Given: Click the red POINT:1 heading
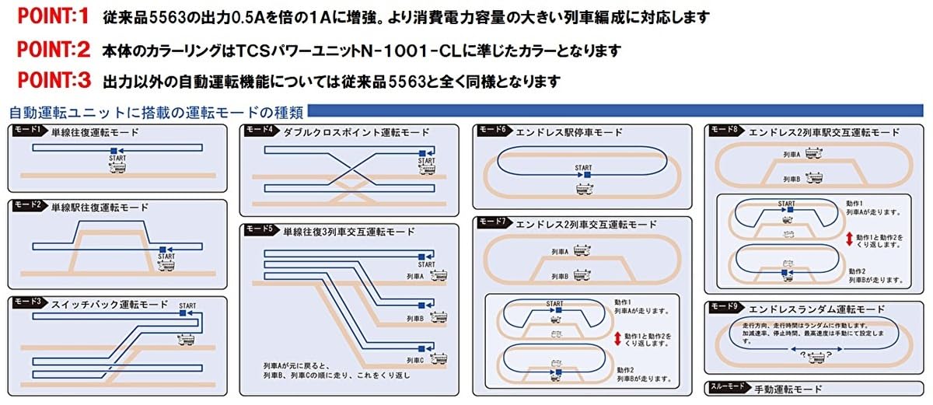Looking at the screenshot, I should click(x=54, y=16).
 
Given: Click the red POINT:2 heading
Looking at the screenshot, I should click(x=54, y=51).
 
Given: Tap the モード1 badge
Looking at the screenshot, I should click(x=27, y=131).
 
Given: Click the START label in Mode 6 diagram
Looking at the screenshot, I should click(x=583, y=167).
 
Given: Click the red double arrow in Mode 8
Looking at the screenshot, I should click(x=849, y=239).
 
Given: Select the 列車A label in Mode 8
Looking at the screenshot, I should click(x=791, y=155).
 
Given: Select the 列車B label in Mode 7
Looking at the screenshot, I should click(x=560, y=275).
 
